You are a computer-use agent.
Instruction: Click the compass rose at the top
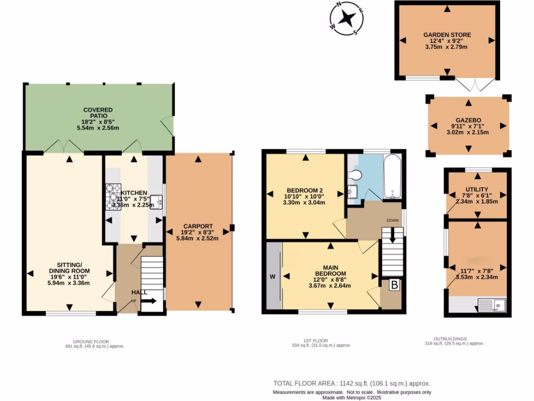coord(344,19)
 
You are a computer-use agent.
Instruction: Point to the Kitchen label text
coord(135,193)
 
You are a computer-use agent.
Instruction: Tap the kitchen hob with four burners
coord(113,197)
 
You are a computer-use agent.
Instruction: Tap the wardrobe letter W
coord(272,276)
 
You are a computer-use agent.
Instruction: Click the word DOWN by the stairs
coord(393,220)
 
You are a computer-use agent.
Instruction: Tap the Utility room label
coord(477,190)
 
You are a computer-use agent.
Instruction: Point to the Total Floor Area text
coord(352,382)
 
